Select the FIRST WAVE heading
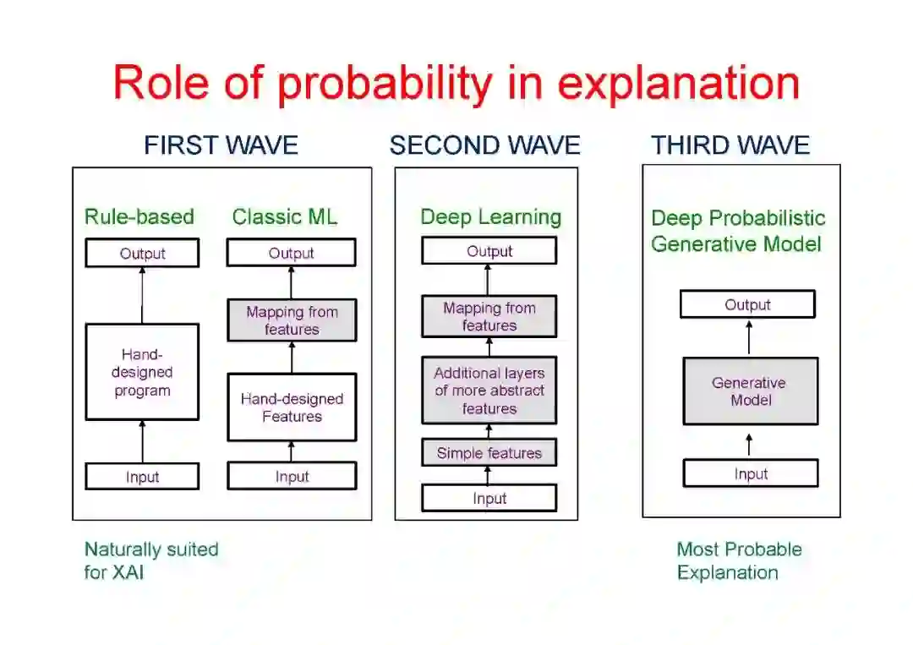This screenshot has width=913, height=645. click(221, 145)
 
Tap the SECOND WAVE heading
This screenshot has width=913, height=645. click(484, 145)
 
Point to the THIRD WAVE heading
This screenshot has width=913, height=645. click(730, 145)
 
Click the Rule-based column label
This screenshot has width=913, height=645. click(139, 217)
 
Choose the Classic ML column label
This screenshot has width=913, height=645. click(285, 217)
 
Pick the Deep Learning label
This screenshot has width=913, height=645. click(490, 217)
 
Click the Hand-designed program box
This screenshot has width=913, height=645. click(142, 372)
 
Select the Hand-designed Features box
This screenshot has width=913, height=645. click(292, 407)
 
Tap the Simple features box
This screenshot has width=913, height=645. click(489, 453)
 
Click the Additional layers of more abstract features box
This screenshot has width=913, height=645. click(489, 391)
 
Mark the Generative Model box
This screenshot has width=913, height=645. click(750, 391)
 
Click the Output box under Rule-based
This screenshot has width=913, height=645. click(142, 254)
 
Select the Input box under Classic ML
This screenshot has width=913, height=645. click(292, 477)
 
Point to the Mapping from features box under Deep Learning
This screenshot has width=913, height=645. click(489, 317)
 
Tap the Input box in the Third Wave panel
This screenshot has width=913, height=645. click(750, 473)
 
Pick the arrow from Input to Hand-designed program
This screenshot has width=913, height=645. click(142, 441)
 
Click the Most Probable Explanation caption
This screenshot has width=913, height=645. click(738, 560)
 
